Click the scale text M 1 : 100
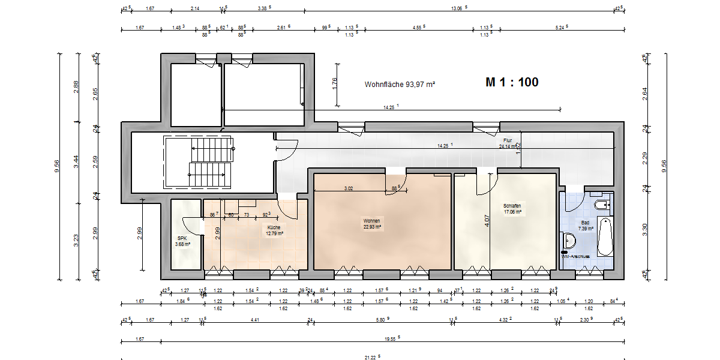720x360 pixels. (512, 83)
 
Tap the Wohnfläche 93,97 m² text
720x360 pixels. (400, 85)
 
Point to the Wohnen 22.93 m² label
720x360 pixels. (371, 224)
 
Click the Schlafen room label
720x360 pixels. (512, 208)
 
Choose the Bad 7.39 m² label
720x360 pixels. (586, 225)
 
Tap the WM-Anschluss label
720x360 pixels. (576, 256)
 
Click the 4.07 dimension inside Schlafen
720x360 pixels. (487, 220)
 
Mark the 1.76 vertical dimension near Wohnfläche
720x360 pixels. (335, 84)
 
